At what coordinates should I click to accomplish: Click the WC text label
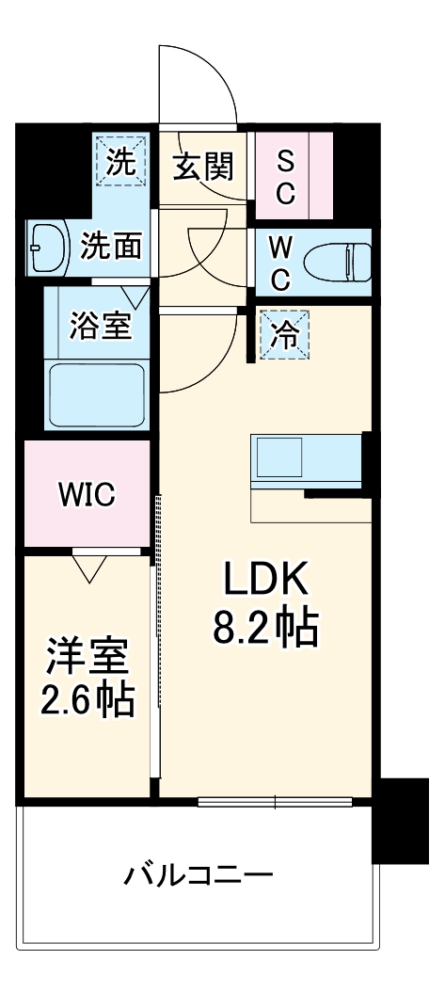click(x=280, y=263)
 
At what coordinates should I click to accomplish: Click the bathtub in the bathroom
click(x=98, y=394)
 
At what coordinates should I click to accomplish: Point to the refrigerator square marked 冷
click(x=282, y=334)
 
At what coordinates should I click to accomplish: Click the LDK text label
click(x=265, y=581)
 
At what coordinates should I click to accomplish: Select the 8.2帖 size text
click(x=265, y=628)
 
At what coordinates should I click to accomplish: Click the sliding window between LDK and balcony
click(x=275, y=802)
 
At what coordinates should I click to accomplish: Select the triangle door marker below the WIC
click(x=89, y=568)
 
